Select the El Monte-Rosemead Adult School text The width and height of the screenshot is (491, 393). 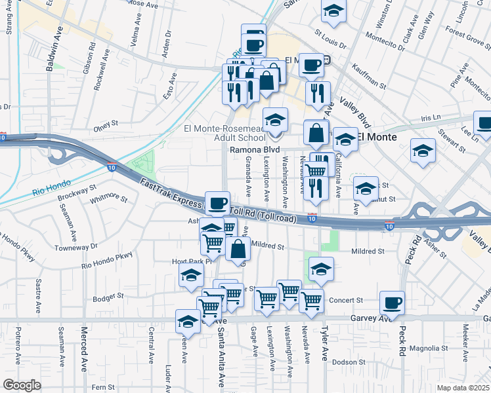pos(226,133)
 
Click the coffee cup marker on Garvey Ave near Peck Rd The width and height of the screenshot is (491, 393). pos(392,302)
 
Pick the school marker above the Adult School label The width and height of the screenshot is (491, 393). pos(276,119)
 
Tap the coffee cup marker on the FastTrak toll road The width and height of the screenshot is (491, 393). pos(217,202)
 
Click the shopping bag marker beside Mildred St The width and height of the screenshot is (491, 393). pos(238,249)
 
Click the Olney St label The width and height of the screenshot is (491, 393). pos(104,123)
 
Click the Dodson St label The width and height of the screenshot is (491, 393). pos(349,362)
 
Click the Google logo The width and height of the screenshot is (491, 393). pos(22,385)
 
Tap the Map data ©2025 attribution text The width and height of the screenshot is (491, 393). pos(463,388)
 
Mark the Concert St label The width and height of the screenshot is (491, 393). pos(341,300)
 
